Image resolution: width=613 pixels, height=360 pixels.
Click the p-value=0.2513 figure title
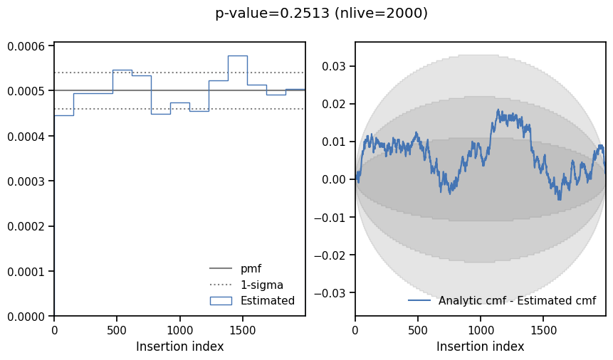point(321,14)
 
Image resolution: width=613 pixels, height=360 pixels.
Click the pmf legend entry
point(251,269)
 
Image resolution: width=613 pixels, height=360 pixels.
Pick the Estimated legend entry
point(267,300)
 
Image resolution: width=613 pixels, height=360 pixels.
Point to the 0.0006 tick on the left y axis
point(26,46)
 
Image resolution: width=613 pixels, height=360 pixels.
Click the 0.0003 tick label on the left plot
point(26,181)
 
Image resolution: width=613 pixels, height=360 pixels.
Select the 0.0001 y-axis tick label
point(26,271)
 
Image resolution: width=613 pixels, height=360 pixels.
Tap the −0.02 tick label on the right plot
point(331,255)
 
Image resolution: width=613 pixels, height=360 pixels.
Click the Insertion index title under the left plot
point(179,346)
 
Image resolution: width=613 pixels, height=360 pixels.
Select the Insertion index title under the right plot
point(480,346)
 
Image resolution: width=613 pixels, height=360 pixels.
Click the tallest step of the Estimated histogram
point(237,56)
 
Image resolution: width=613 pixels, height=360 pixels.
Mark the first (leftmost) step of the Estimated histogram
point(64,115)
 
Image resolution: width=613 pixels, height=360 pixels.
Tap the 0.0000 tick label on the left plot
point(26,317)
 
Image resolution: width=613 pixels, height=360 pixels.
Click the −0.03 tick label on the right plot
point(331,292)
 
